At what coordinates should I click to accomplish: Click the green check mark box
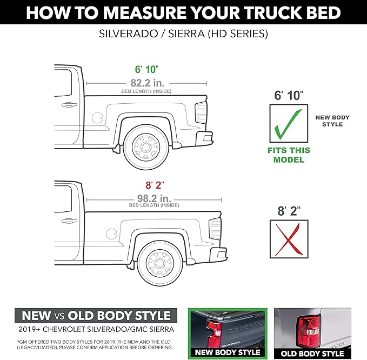pos(289,123)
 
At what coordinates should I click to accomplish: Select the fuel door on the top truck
pos(98,117)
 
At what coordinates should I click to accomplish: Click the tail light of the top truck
pos(201,112)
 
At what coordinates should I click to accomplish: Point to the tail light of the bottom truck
pos(215,229)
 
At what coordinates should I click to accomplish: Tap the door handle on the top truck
pos(69,104)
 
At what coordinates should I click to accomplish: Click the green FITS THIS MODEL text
pos(289,155)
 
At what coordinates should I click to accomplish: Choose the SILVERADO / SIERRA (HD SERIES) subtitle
pos(183,34)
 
